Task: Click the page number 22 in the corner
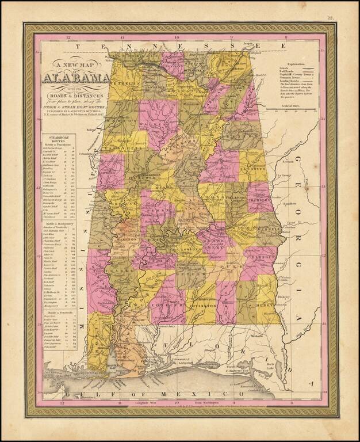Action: (x=330, y=18)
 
